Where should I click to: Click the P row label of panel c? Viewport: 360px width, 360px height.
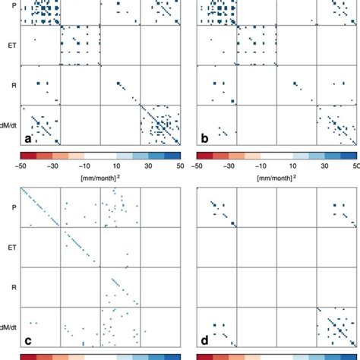click(13, 206)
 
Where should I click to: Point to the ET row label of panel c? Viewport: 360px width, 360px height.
click(11, 245)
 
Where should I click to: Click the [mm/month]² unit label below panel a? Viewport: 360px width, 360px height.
click(99, 176)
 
